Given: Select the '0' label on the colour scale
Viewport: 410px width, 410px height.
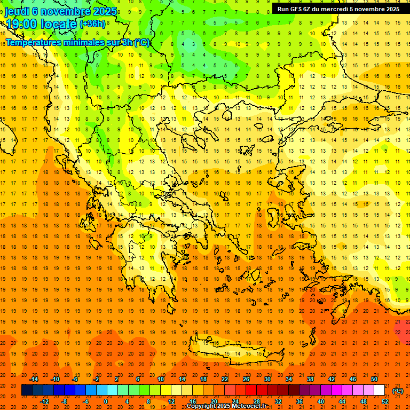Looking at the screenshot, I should click(106, 401).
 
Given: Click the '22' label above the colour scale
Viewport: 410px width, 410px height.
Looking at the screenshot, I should click(225, 379).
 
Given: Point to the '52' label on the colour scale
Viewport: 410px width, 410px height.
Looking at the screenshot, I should click(385, 401).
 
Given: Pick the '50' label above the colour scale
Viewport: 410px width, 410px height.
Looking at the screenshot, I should click(374, 379).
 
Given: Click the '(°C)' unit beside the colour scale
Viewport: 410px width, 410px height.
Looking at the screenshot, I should click(398, 391).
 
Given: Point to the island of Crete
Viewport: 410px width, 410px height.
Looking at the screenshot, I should click(235, 354).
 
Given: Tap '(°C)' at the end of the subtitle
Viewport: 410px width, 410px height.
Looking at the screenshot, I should click(142, 42).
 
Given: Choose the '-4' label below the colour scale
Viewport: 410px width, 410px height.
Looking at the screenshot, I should click(85, 401).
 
